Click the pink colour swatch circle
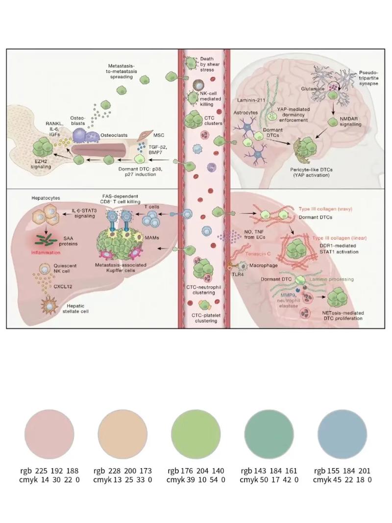point(49,434)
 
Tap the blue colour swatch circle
point(342,434)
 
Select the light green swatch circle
point(196,434)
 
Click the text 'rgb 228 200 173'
point(122,470)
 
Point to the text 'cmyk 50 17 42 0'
point(269,480)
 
